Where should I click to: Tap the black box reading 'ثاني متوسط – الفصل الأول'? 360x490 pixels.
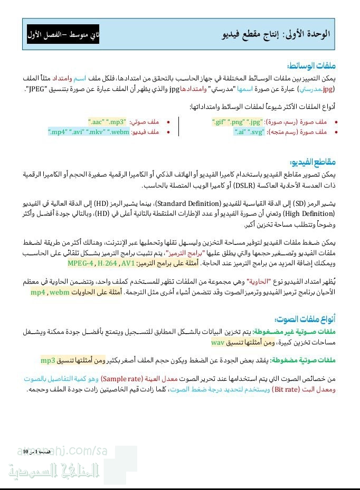point(63,35)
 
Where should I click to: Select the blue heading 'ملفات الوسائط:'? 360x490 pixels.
point(311,66)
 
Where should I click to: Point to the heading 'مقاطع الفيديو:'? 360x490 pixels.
point(312,162)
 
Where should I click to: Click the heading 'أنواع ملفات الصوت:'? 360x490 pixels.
point(305,319)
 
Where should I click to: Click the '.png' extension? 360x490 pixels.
point(236,121)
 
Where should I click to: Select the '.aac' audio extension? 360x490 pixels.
point(96,121)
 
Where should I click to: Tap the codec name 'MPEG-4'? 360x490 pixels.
point(80,263)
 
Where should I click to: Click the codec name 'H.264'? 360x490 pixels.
point(108,263)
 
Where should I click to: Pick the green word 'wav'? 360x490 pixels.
point(218,342)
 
